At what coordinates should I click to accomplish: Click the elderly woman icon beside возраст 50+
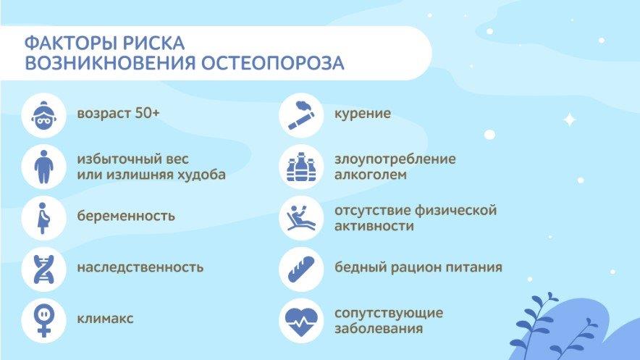pos(43,115)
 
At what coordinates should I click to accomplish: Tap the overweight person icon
pos(43,167)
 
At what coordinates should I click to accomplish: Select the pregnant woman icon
pos(43,218)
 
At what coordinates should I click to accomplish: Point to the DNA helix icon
pos(43,269)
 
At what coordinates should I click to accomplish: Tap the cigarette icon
pos(301,115)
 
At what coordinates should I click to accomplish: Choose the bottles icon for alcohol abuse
pos(301,167)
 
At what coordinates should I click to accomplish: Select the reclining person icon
pos(301,218)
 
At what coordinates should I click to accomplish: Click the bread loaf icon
pos(301,269)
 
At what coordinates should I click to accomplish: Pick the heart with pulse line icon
pos(301,321)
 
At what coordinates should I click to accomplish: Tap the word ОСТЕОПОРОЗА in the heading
pos(273,63)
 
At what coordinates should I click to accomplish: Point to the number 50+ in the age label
pos(148,113)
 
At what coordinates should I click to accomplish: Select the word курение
pos(363,114)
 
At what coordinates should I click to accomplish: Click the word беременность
pos(126,216)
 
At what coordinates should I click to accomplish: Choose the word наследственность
pos(140,267)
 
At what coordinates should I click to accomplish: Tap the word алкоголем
pos(371,175)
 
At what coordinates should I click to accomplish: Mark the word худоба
pos(201,175)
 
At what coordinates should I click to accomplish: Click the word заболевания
pos(379,329)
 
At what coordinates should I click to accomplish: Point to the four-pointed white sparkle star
pos(570,120)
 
